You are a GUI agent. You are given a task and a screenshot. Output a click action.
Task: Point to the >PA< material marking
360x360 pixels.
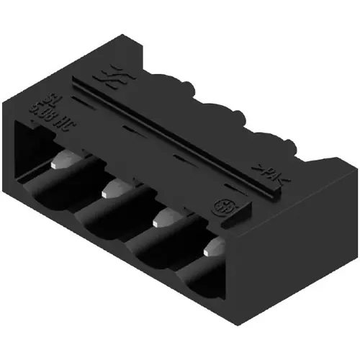267,172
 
